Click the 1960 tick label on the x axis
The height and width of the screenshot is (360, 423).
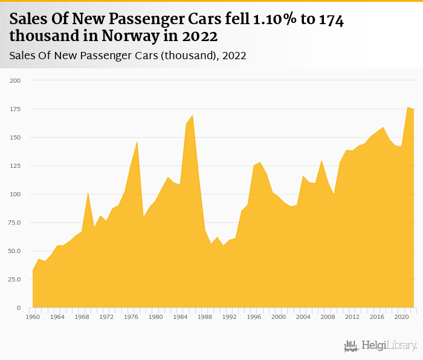[x=33, y=316]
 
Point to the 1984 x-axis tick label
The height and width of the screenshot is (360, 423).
[x=180, y=316]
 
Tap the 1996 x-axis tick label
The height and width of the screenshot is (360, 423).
[x=254, y=316]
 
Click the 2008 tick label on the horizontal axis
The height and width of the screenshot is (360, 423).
[x=328, y=316]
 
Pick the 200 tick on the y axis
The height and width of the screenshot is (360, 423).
[x=15, y=80]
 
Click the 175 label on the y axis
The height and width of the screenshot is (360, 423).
[x=15, y=109]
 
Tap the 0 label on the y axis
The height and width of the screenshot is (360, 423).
[x=18, y=308]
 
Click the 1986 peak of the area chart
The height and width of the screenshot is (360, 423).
[x=192, y=115]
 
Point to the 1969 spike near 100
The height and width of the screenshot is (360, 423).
[x=88, y=193]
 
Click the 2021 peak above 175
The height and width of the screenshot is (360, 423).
[x=408, y=107]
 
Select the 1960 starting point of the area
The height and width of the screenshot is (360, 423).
[x=33, y=270]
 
